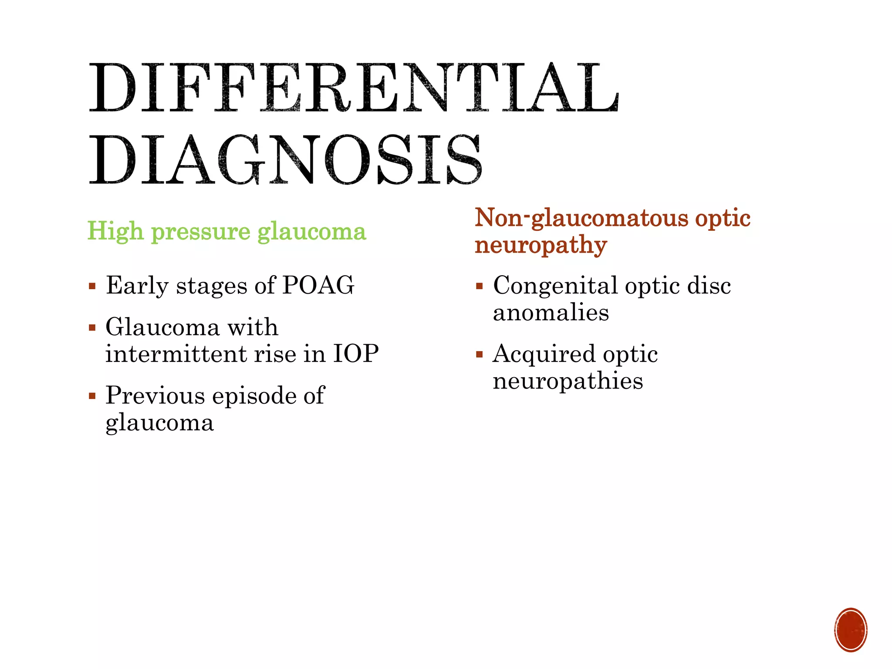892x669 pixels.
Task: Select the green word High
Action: click(115, 231)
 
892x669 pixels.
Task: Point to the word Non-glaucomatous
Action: click(581, 218)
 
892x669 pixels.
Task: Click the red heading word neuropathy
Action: click(541, 246)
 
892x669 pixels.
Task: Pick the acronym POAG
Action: click(318, 286)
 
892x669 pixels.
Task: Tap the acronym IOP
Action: click(356, 353)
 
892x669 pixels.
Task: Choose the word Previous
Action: click(155, 395)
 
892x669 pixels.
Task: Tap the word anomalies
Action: click(551, 313)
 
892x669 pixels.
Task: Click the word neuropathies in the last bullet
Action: click(568, 382)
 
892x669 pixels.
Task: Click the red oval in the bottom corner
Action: click(851, 630)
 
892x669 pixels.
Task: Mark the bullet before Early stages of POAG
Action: click(92, 287)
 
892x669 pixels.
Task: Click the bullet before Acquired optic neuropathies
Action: click(480, 355)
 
